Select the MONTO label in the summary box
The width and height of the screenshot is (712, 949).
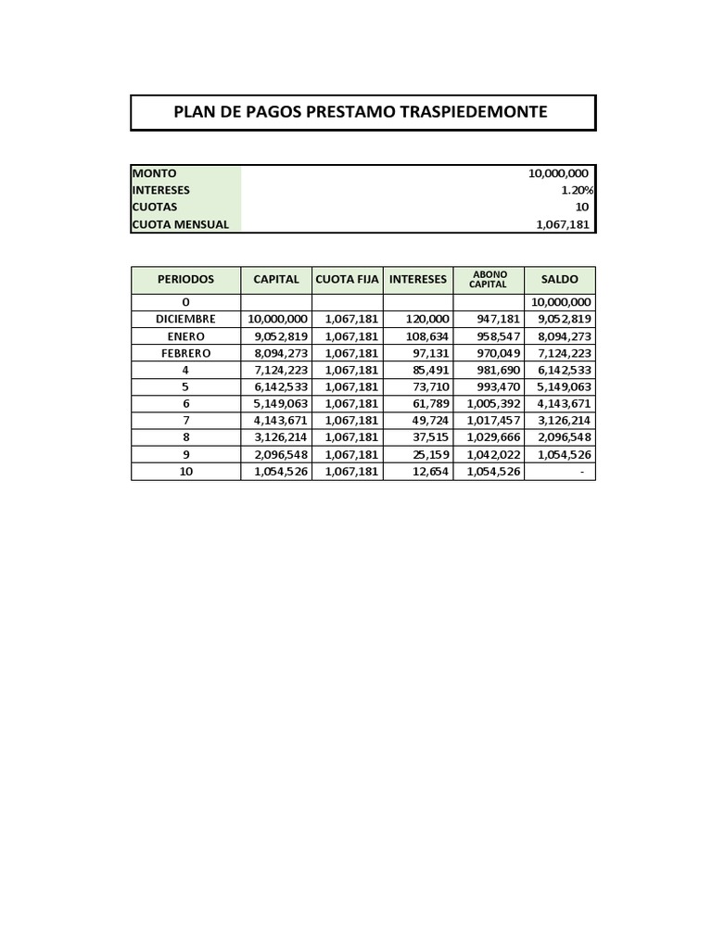[155, 173]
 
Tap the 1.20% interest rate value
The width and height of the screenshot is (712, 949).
[577, 190]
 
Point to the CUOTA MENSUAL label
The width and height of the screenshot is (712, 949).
[181, 223]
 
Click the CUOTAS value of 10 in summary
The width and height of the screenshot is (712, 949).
[582, 207]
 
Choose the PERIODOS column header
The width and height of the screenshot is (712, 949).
[185, 279]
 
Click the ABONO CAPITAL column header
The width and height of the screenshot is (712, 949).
[489, 279]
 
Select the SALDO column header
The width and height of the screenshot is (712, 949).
[559, 279]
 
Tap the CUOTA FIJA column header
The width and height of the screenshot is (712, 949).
[348, 279]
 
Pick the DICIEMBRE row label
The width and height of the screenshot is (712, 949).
[185, 319]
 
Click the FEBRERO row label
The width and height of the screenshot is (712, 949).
[185, 353]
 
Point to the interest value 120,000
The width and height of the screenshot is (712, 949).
[427, 319]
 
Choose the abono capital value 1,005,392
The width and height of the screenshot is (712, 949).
[491, 403]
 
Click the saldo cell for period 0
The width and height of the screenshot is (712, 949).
[560, 302]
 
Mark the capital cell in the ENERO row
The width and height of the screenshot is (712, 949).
[279, 335]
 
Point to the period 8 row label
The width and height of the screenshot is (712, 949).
[185, 437]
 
